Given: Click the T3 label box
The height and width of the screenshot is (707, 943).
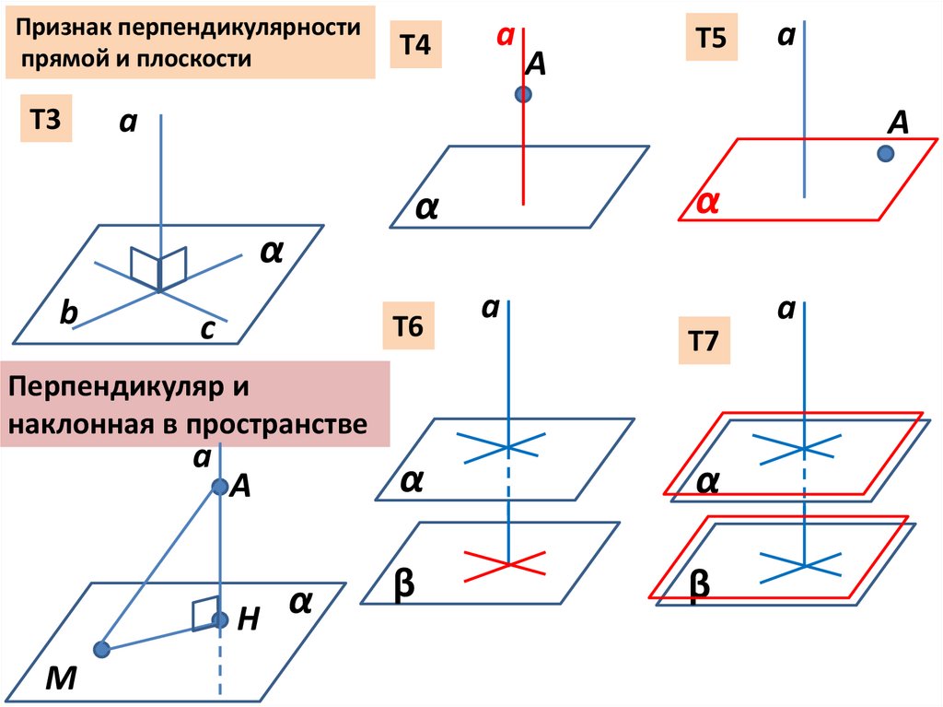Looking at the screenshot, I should (46, 122).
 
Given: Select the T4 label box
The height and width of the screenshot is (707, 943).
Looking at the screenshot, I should (415, 46).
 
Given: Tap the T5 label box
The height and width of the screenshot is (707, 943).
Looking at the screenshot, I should (710, 40).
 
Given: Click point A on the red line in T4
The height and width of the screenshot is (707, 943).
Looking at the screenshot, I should (523, 93).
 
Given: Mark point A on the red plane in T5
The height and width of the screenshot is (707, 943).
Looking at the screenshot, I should (886, 154).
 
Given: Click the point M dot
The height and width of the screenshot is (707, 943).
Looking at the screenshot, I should (102, 650).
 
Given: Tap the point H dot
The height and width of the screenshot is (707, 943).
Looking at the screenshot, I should (220, 620).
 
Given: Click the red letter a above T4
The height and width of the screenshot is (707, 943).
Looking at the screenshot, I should (504, 36).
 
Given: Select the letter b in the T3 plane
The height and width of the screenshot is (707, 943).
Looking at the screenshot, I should (69, 314).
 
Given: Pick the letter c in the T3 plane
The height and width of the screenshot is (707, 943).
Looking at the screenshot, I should (207, 330).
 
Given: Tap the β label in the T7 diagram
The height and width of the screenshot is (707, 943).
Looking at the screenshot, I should (700, 587).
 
